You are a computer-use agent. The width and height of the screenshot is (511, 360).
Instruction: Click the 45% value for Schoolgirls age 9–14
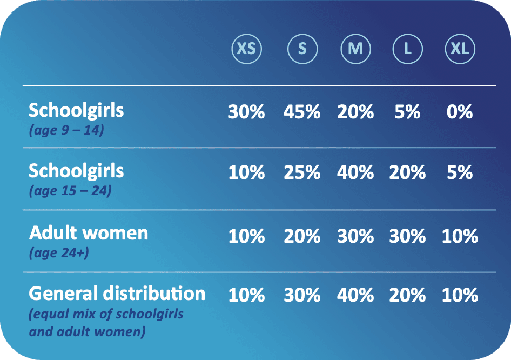(x=302, y=112)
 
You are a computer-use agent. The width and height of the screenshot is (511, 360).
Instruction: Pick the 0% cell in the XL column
(x=460, y=112)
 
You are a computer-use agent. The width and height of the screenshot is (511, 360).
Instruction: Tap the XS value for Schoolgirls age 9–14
(x=247, y=112)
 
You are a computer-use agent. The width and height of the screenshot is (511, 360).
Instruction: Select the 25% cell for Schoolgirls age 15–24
(x=302, y=172)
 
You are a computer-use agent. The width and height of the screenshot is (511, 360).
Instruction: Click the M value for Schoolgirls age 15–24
(x=355, y=172)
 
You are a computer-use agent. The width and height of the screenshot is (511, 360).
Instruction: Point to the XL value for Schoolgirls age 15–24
(x=460, y=172)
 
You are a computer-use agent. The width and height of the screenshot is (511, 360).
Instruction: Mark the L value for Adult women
(x=407, y=236)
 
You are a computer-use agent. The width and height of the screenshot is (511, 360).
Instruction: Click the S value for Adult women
(x=302, y=236)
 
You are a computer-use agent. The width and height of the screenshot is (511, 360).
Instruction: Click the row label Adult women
(x=88, y=233)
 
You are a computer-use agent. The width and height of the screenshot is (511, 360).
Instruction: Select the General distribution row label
(x=117, y=294)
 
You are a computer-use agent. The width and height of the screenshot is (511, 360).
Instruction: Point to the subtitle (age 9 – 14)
(x=66, y=130)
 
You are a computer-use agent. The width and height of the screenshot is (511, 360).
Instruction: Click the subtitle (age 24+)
(x=59, y=253)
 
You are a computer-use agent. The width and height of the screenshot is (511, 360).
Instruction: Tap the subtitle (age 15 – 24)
(x=70, y=190)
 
